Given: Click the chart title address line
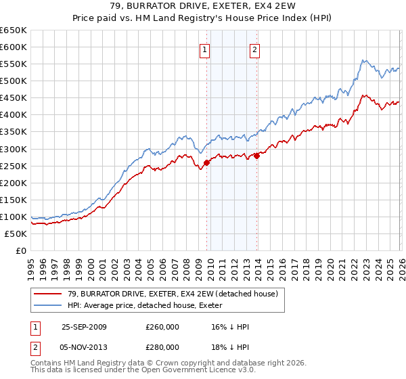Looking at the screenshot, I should pyautogui.click(x=203, y=6).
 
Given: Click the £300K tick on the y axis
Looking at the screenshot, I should pyautogui.click(x=14, y=149).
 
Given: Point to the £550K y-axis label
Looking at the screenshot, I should pyautogui.click(x=14, y=64).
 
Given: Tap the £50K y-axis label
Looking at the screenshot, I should pyautogui.click(x=16, y=233).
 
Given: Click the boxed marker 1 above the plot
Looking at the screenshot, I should pyautogui.click(x=204, y=49).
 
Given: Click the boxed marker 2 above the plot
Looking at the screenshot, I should pyautogui.click(x=254, y=49).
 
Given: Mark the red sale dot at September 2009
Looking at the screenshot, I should pyautogui.click(x=206, y=162).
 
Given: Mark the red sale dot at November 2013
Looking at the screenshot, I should pyautogui.click(x=256, y=156).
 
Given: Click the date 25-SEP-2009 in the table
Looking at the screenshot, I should pyautogui.click(x=83, y=327).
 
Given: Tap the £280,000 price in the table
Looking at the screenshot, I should pyautogui.click(x=162, y=347).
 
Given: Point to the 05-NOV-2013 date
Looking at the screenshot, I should pyautogui.click(x=83, y=347).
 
